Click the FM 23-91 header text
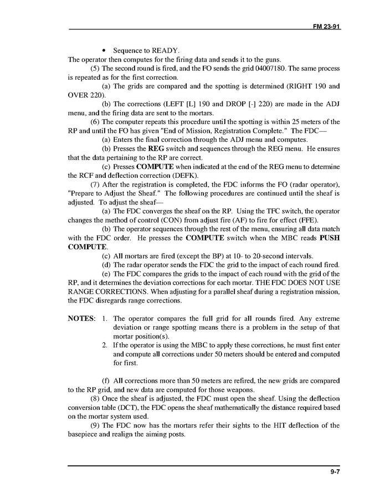tap(326, 25)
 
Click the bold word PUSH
tap(330, 238)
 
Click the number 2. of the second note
tap(105, 345)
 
